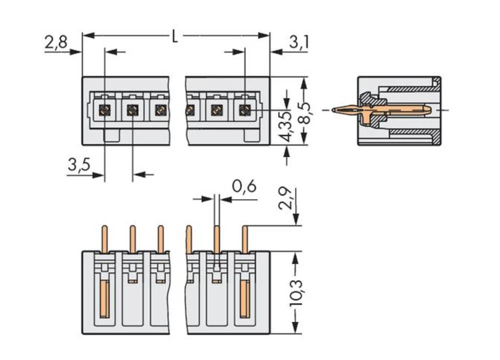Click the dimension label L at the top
pyautogui.click(x=174, y=36)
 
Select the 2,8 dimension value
pyautogui.click(x=55, y=42)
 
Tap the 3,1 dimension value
pyautogui.click(x=298, y=42)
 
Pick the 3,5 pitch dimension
pyautogui.click(x=78, y=165)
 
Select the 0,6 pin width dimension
pyautogui.click(x=244, y=186)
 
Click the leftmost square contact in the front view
pyautogui.click(x=104, y=110)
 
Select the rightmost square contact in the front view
pyautogui.click(x=244, y=110)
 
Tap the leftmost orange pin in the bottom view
pyautogui.click(x=104, y=239)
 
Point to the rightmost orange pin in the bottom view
pyautogui.click(x=245, y=239)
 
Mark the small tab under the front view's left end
pyautogui.click(x=111, y=135)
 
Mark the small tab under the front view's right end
pyautogui.click(x=251, y=135)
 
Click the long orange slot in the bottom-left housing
pyautogui.click(x=104, y=298)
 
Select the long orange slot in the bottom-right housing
pyautogui.click(x=244, y=298)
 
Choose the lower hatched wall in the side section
pyautogui.click(x=410, y=132)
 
